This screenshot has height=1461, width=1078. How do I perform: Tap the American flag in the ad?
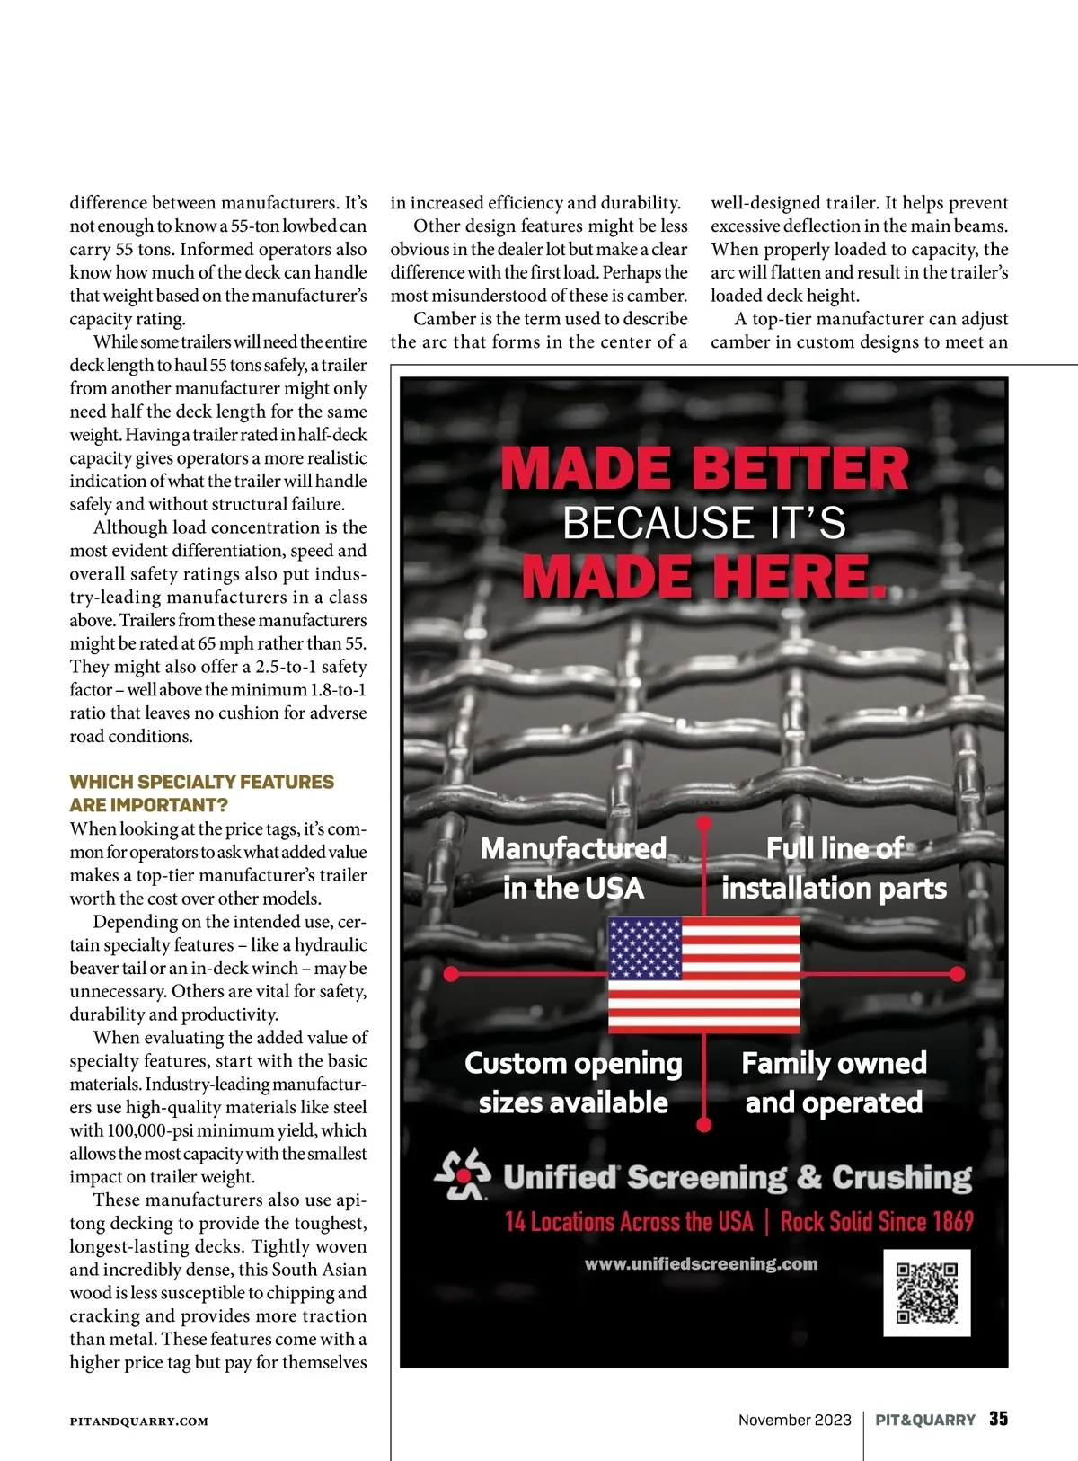point(703,974)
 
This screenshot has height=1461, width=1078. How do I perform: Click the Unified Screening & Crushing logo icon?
point(463,1175)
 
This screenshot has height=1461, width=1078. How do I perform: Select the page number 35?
point(998,1419)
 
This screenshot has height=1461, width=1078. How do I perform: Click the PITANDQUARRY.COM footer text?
point(139,1421)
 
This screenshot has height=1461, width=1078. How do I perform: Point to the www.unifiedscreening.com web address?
point(701,1263)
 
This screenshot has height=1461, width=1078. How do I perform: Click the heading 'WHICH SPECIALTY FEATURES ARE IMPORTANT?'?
point(202,793)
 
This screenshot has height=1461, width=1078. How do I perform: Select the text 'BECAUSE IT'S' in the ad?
point(703,523)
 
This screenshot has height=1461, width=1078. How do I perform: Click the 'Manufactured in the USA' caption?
point(573,868)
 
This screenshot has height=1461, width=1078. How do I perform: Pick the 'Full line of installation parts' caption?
point(834,868)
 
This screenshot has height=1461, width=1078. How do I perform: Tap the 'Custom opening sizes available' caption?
point(573,1083)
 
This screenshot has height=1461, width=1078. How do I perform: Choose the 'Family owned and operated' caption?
point(834,1083)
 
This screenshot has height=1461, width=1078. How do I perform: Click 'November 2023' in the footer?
point(794,1420)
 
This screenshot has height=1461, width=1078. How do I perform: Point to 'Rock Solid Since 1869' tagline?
point(877,1222)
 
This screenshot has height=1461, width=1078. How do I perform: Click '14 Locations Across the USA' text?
point(629,1222)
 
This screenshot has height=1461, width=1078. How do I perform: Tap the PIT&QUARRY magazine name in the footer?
point(925,1420)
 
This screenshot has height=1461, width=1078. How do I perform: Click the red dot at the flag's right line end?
point(957,974)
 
